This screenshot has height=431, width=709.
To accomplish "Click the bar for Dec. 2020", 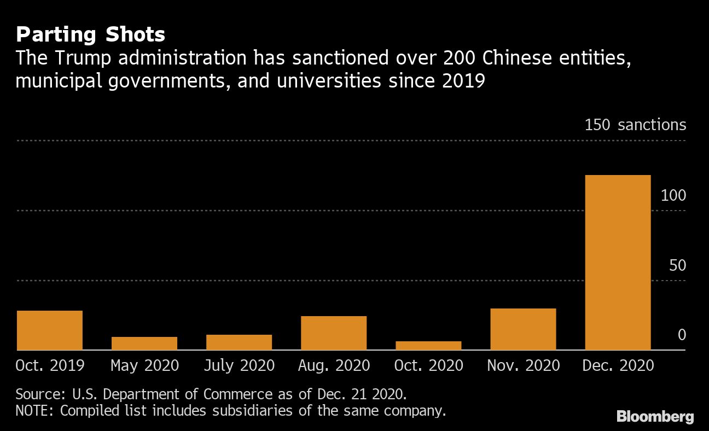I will point(618,263).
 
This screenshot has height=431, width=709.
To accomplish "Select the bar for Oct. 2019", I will point(50,330).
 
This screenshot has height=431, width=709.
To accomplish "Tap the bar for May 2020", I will point(144,343).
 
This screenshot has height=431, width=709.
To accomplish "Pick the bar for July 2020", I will point(239,342).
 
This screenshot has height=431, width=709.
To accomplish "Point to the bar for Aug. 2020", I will point(334,333).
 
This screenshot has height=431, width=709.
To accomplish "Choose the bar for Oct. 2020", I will point(428,346).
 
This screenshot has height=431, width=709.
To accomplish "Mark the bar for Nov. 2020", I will point(523,329).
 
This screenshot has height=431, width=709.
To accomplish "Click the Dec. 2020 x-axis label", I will point(618,365).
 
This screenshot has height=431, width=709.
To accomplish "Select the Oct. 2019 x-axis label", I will point(50,365).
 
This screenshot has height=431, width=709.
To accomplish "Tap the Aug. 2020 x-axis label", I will point(334,365).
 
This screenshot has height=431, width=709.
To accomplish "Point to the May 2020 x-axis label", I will point(144,365).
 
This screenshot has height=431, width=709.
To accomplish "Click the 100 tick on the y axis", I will point(673,196).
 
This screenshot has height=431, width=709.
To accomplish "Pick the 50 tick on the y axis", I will point(677,266).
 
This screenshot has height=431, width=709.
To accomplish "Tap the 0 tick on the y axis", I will point(682,335).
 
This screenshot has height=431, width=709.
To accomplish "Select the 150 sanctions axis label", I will point(635,125).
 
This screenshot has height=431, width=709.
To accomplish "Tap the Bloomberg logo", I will point(655,417).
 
